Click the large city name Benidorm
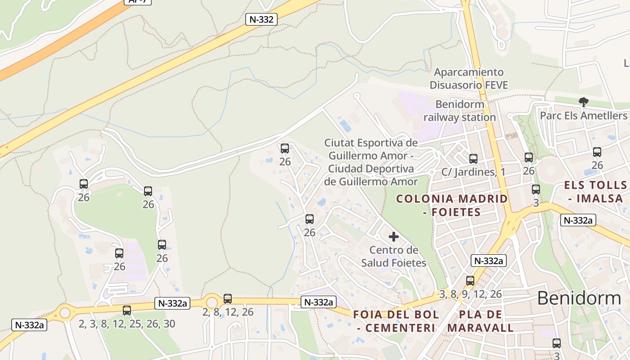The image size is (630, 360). click(x=579, y=298)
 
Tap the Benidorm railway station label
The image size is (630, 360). click(x=460, y=111)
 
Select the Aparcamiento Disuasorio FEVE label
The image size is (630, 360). click(x=468, y=78)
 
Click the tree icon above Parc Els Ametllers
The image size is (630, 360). click(x=584, y=102)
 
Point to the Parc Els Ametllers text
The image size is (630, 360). click(x=583, y=116)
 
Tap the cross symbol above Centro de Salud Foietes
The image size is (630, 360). click(x=394, y=237)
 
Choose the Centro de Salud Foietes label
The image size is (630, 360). click(x=394, y=256)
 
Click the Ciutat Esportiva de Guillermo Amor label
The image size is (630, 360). click(x=371, y=162)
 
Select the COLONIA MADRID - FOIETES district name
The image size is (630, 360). click(x=452, y=205)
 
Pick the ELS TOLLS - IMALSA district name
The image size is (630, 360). click(x=595, y=192)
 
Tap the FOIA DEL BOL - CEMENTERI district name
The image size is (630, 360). click(x=396, y=321)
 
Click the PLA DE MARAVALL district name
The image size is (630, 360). click(x=481, y=321)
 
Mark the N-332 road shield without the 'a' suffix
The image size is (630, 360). click(x=261, y=19)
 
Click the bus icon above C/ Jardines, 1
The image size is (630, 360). click(x=473, y=159)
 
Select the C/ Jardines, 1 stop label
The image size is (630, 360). click(x=473, y=172)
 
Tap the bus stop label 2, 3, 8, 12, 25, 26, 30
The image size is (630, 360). click(x=127, y=324)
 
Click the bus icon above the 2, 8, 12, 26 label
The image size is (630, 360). click(x=228, y=299)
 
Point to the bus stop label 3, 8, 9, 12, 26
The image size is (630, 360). click(x=470, y=294)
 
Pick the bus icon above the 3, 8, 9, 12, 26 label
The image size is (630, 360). click(x=470, y=281)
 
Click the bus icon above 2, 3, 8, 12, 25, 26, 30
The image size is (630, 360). click(x=127, y=310)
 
